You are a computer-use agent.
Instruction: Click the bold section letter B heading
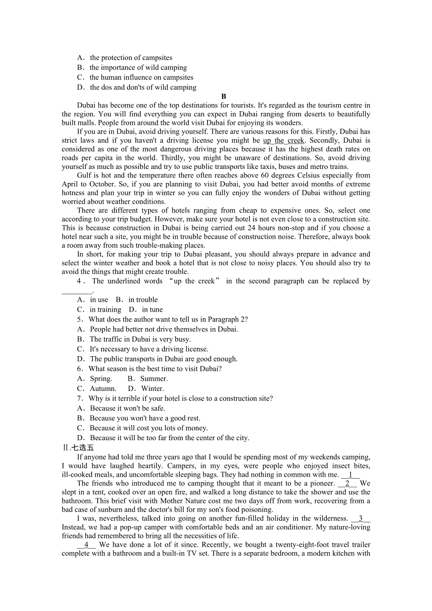tap(224, 97)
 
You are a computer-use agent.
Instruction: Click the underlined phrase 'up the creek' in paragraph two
tap(284, 140)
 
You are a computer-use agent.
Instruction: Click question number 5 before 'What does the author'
tap(80, 320)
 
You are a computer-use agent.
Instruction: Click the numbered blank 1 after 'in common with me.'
tap(350, 475)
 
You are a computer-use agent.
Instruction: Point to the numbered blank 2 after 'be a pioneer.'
tap(347, 483)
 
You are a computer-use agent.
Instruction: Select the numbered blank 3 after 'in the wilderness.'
tap(361, 519)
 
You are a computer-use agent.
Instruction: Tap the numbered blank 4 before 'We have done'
tap(86, 545)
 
